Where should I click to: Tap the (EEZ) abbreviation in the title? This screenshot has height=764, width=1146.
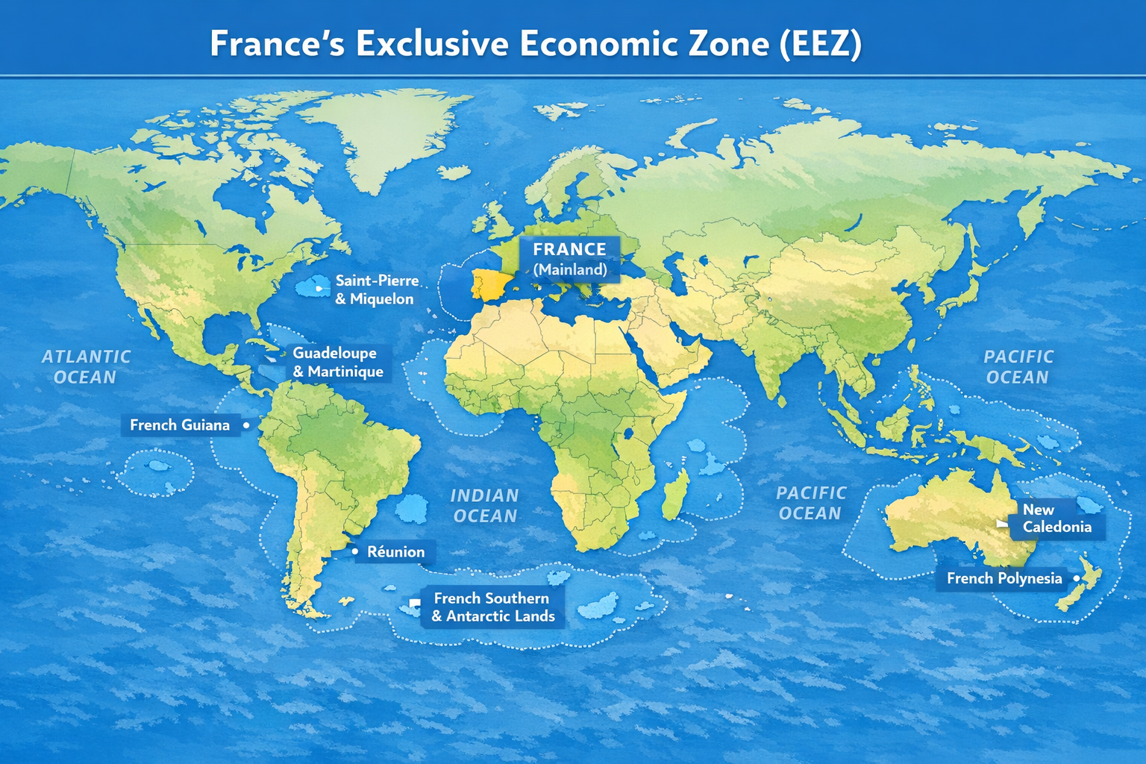point(819,44)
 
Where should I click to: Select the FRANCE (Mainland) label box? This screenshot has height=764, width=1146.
point(570,259)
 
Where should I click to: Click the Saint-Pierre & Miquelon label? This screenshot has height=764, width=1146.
point(376,289)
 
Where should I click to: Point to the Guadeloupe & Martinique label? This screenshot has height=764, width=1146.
point(337,362)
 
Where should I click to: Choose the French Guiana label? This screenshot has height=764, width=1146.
point(180,425)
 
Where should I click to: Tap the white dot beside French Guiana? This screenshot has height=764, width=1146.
point(245,425)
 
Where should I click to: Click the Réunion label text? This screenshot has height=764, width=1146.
point(395,552)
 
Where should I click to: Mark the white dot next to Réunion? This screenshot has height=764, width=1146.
point(354,551)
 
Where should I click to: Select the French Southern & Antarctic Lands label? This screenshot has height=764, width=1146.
point(492,607)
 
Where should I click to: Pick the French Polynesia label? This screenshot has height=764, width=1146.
point(1003,578)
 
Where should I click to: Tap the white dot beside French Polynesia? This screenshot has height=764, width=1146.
point(1076,578)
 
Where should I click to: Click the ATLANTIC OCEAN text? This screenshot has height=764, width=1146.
point(85,367)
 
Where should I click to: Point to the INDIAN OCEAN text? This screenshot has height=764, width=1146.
point(484,506)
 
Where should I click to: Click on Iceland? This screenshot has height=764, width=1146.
point(454,172)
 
